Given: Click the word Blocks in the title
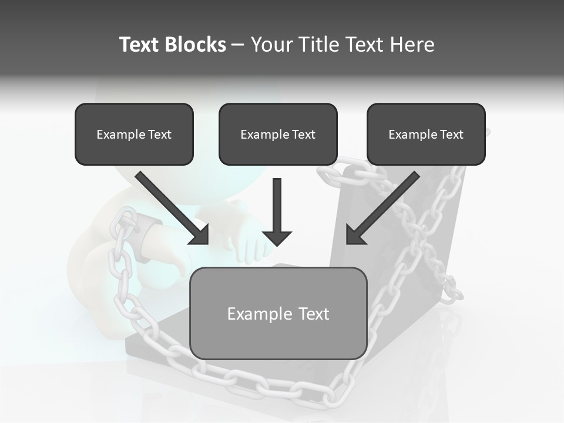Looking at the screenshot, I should point(196,45).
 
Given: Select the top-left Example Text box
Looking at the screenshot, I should point(134,134).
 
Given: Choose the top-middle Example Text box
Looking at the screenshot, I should point(278,134).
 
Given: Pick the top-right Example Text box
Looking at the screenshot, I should point(426,134).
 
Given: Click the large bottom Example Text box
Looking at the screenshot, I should point(278,313).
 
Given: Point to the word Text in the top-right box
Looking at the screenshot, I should point(451,135).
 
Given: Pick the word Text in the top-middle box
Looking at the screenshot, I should point(303,135).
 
